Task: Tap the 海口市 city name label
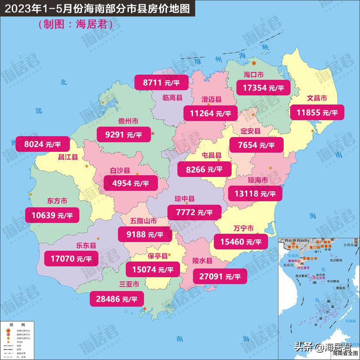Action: (254, 74)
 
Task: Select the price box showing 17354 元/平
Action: (263, 88)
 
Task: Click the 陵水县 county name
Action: (202, 261)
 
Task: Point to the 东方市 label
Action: (57, 201)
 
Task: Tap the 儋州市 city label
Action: (128, 121)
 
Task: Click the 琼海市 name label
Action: (258, 180)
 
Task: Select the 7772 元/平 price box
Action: (194, 212)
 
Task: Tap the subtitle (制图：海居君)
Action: (75, 25)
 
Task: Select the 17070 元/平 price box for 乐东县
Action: (71, 259)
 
